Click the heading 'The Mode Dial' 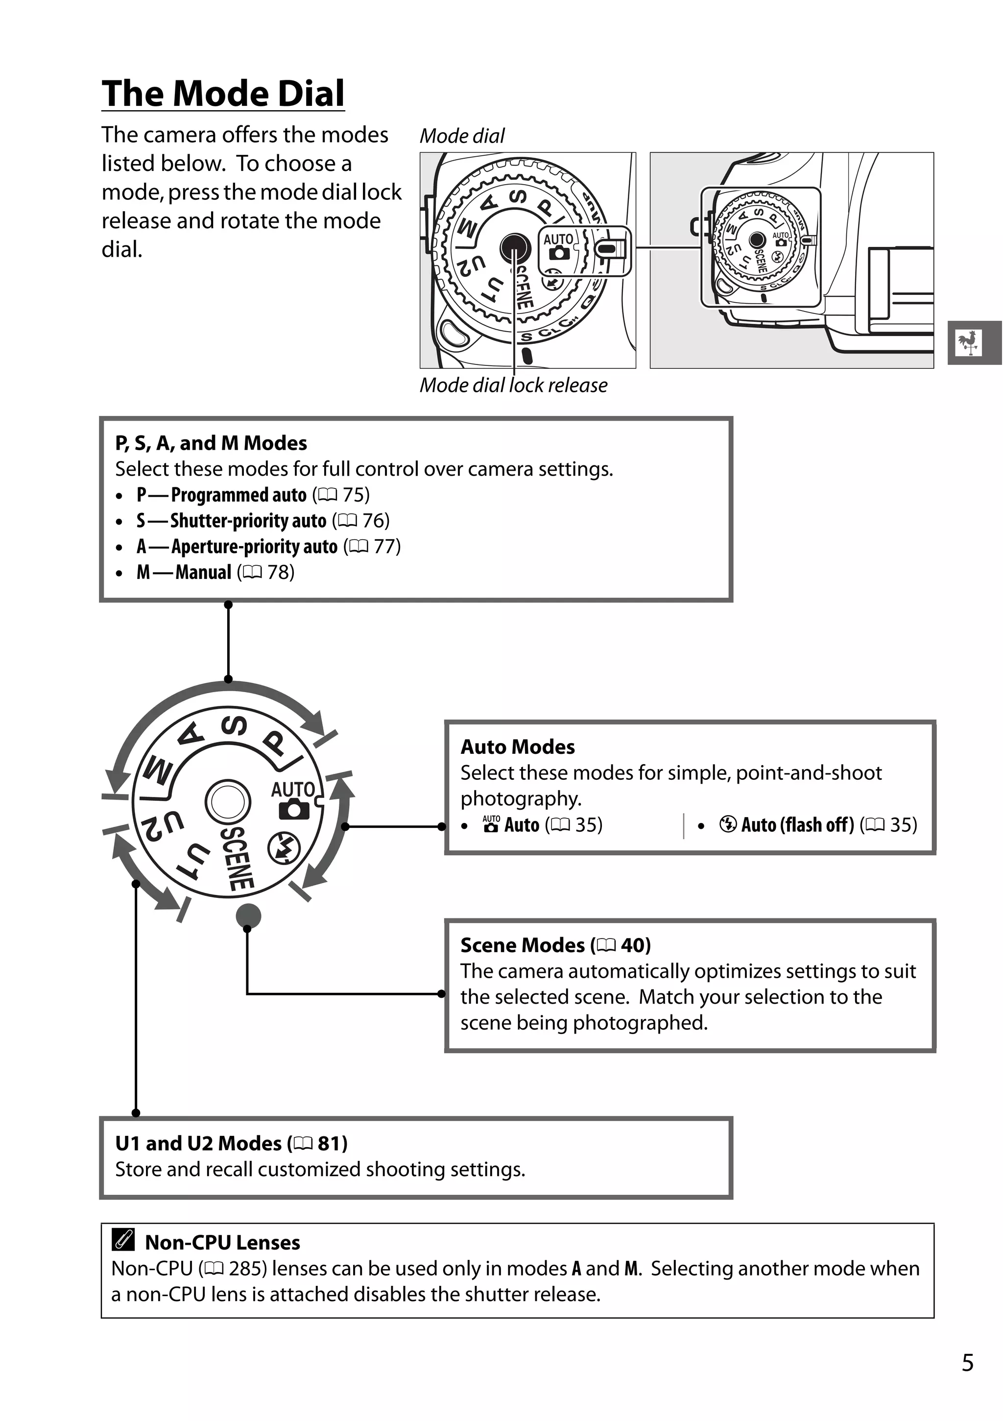click(x=223, y=94)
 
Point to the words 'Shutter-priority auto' click(x=247, y=521)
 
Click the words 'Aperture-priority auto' click(x=254, y=547)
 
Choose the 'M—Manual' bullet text click(x=184, y=573)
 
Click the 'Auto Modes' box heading click(x=517, y=747)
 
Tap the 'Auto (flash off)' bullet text click(x=797, y=825)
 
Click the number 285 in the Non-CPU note click(x=247, y=1269)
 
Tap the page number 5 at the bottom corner click(x=968, y=1363)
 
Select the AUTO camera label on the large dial click(x=293, y=798)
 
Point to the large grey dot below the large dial click(x=248, y=916)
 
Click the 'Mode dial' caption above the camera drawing click(x=462, y=136)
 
